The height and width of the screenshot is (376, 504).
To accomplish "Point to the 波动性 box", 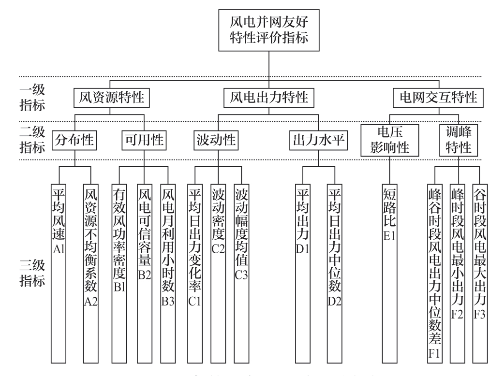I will click(216, 141).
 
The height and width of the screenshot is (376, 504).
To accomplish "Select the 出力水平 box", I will click(315, 141).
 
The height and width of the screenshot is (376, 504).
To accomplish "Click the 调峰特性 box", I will click(459, 141).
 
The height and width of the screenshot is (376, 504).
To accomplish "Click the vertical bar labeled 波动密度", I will click(217, 266).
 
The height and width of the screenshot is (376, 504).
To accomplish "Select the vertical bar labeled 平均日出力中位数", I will click(334, 266).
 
